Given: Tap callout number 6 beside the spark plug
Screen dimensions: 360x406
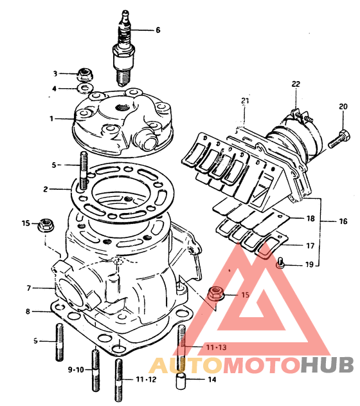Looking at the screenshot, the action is coord(158,30).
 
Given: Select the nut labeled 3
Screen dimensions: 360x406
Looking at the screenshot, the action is coord(85,74).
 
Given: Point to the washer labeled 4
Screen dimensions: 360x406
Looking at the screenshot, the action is coord(85,89).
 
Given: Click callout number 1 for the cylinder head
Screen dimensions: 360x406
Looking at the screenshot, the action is coord(51,118).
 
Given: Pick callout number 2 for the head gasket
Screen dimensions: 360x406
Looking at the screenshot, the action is coord(46,189).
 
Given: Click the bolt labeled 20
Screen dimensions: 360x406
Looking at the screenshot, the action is coord(339,140).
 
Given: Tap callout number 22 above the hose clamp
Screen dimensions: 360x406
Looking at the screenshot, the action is coord(296,84).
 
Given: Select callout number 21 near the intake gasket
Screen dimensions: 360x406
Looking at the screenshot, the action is coord(245,101).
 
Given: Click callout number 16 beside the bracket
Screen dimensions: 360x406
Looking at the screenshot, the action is coord(343,221).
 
